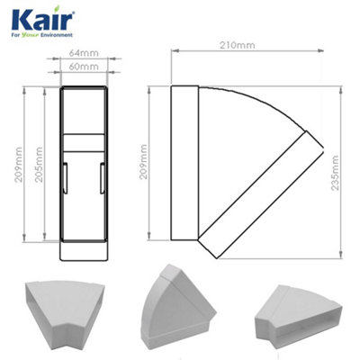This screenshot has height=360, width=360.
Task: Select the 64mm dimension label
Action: point(85,55)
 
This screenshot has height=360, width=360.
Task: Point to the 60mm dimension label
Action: point(85,67)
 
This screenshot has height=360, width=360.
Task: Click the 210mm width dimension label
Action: point(238,44)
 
